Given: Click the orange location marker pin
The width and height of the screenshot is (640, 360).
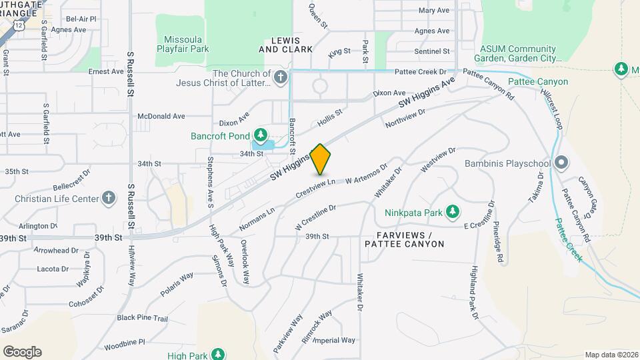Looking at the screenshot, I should [320, 159].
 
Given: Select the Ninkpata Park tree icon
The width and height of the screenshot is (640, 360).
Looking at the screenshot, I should [453, 213].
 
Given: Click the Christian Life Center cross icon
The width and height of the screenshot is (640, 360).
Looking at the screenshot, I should [109, 198].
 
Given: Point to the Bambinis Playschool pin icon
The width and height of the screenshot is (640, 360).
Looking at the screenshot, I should [562, 163].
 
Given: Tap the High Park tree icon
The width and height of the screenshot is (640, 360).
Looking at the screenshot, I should [218, 353].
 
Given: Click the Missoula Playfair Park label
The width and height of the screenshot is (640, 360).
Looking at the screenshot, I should [183, 44].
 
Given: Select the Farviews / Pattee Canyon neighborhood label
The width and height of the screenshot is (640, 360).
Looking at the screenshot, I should [404, 240].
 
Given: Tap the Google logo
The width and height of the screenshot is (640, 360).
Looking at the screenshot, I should [22, 351].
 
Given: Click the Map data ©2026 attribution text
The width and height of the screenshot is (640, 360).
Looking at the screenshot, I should [611, 355].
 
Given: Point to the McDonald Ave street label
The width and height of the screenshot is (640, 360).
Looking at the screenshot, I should [161, 116].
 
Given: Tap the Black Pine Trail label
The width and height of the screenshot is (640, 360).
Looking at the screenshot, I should [142, 318].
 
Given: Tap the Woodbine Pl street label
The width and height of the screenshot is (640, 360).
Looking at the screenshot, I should [125, 343].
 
